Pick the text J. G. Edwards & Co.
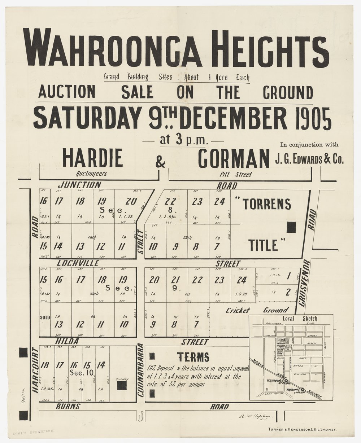309,159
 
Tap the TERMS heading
193,357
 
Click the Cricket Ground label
257,310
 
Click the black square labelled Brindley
122,385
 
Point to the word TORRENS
267,205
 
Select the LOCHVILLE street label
77,263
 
